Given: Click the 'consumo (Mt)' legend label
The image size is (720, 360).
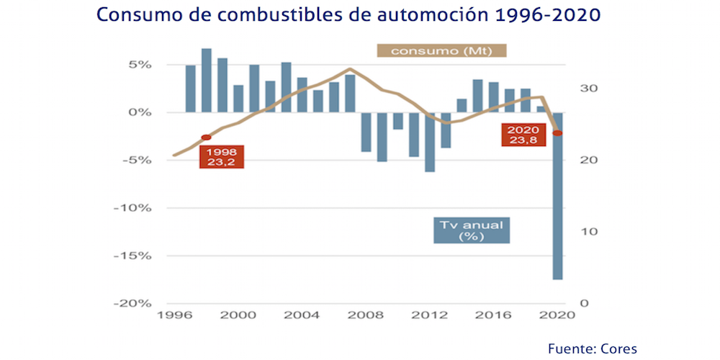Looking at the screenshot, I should pyautogui.click(x=441, y=50).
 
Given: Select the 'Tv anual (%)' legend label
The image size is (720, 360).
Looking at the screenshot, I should pyautogui.click(x=472, y=230).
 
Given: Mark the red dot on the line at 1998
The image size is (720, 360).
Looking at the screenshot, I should pyautogui.click(x=206, y=137).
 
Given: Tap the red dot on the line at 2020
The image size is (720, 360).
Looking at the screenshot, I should pyautogui.click(x=557, y=133).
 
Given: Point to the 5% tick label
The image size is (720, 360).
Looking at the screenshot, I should pyautogui.click(x=140, y=65).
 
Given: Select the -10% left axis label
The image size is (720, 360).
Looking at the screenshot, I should pyautogui.click(x=135, y=208).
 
